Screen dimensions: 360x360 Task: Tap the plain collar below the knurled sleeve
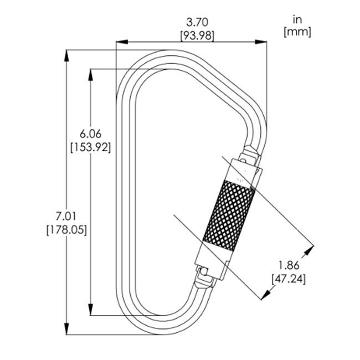pyautogui.click(x=212, y=258)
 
